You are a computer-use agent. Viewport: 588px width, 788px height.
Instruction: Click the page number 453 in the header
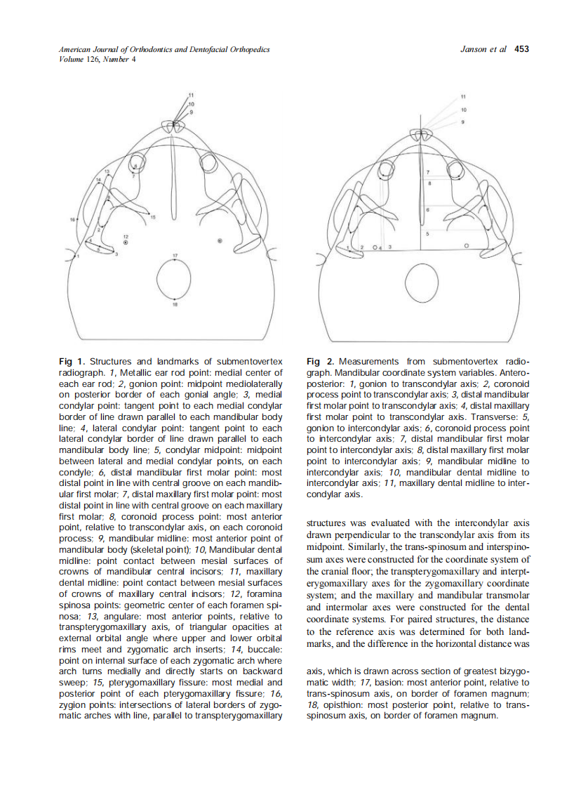tap(521, 49)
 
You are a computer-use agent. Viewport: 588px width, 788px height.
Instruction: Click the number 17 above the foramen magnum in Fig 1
tap(175, 254)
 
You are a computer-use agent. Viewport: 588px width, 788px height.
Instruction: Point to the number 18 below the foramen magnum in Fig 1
tap(175, 305)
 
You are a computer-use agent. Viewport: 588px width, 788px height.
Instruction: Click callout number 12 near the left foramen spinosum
tap(126, 236)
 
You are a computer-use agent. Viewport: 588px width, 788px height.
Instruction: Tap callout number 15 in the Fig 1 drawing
tap(154, 218)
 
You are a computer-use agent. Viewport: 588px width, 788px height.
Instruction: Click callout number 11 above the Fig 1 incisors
tap(191, 94)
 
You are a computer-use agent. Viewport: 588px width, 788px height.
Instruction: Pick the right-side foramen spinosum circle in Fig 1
tap(220, 241)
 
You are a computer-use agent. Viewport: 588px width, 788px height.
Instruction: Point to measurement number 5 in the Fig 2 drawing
tap(428, 232)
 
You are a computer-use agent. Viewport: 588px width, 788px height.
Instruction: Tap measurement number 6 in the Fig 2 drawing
tap(428, 209)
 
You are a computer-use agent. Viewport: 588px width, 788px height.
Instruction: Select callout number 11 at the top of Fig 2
tap(463, 96)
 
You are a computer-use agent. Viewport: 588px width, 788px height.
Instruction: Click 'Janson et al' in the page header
tap(484, 49)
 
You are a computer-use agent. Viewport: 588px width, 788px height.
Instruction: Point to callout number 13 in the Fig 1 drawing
tap(107, 171)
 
